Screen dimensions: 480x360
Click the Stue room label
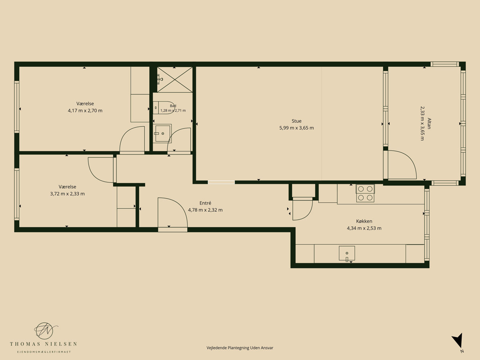[x=296, y=121]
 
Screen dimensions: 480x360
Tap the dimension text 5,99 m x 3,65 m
[x=296, y=128]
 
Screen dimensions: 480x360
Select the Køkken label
[x=364, y=221]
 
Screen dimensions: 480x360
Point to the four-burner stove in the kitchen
[x=365, y=193]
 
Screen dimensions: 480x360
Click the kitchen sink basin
[x=347, y=253]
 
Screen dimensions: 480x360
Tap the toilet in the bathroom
[x=164, y=108]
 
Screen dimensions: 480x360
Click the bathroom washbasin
[x=162, y=134]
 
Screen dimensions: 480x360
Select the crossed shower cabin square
[x=175, y=80]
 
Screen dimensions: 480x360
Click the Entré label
[x=205, y=203]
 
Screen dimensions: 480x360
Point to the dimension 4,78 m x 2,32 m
[x=205, y=210]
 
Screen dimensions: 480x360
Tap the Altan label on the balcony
[x=429, y=124]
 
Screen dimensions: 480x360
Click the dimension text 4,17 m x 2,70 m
[x=85, y=111]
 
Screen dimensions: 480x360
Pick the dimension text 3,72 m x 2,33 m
[x=67, y=194]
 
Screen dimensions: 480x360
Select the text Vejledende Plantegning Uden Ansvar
[x=240, y=348]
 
